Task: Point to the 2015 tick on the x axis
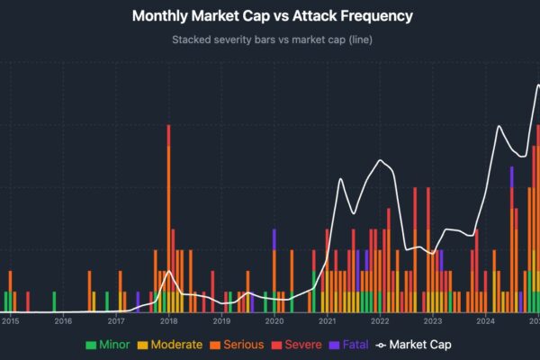pos(11,320)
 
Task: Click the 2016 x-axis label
pos(63,320)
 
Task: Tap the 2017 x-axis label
pos(116,320)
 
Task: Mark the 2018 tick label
pos(168,320)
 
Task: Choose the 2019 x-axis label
pos(221,320)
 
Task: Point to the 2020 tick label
pos(274,320)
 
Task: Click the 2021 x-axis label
pos(327,320)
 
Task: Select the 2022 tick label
pos(380,320)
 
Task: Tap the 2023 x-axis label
pos(433,320)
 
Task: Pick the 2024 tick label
pos(485,320)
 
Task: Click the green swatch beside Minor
pos(90,344)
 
